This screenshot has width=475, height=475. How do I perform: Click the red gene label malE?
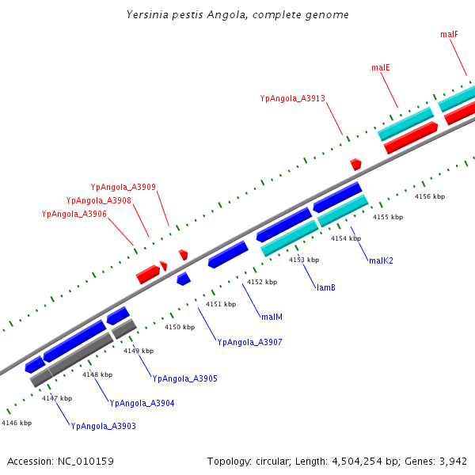(381, 68)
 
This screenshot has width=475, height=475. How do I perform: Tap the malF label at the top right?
(449, 35)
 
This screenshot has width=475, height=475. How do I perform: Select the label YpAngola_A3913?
(292, 99)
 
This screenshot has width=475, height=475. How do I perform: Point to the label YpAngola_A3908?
(98, 201)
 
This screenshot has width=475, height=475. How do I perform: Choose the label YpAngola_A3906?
(74, 215)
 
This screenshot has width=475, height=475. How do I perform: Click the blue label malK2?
(381, 260)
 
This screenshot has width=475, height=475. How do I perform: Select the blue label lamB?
(326, 287)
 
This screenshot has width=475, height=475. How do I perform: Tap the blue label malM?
(272, 317)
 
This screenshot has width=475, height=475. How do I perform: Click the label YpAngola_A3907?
(249, 342)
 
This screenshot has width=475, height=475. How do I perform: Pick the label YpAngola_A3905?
(184, 378)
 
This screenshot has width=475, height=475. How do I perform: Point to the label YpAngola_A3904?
(142, 403)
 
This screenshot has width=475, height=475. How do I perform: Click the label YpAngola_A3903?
(103, 426)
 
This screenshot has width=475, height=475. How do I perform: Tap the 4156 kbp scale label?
(430, 196)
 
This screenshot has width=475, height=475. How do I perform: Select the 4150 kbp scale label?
(180, 327)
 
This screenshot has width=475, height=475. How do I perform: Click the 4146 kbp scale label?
(17, 424)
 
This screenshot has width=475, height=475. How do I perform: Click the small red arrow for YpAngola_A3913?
(356, 164)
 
